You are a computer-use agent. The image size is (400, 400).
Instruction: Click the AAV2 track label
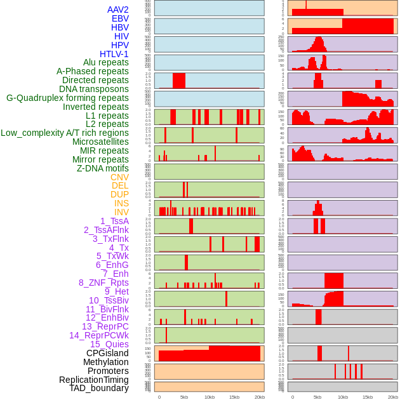click(117, 10)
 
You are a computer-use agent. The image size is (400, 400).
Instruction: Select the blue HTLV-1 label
click(114, 54)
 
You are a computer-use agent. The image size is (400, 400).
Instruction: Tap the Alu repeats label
click(105, 62)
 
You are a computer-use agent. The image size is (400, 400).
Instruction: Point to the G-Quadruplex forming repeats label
click(67, 98)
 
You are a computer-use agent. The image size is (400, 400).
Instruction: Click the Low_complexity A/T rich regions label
click(65, 133)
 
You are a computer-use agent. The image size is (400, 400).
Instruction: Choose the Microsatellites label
click(100, 142)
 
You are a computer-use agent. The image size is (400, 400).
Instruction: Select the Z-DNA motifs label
click(102, 168)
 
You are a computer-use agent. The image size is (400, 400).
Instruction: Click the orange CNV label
click(119, 177)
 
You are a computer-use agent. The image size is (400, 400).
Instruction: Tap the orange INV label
click(121, 212)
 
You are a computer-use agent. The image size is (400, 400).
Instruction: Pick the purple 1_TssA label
click(114, 221)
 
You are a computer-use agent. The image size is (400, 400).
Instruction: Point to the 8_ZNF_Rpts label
click(103, 283)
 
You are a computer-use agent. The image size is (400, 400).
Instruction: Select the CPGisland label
click(107, 353)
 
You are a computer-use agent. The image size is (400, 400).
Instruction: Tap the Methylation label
click(105, 362)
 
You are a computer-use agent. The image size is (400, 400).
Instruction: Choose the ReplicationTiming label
click(93, 380)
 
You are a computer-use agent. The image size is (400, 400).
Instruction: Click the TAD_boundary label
click(98, 388)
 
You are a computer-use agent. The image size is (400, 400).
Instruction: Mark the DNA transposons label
click(94, 89)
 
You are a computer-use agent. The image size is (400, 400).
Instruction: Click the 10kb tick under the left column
click(210, 397)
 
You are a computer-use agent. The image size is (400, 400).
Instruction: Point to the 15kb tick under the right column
click(368, 397)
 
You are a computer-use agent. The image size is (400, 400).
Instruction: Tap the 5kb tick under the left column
click(184, 397)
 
